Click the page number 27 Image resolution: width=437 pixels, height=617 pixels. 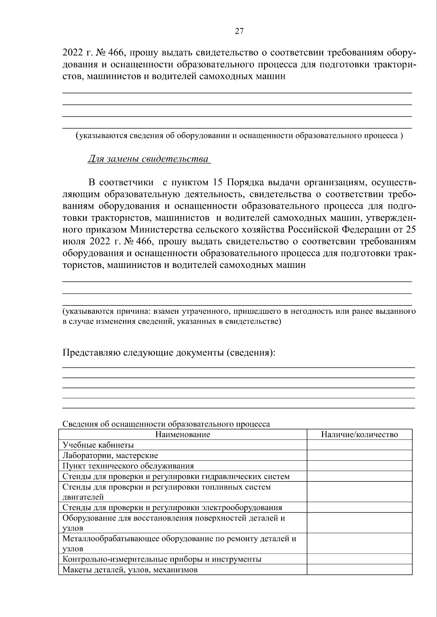[239, 31]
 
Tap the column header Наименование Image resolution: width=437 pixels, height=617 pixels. [182, 434]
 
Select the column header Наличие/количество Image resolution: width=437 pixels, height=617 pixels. [359, 434]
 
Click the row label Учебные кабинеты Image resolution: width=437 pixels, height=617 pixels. [98, 445]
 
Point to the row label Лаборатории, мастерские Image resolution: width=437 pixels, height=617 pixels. [110, 456]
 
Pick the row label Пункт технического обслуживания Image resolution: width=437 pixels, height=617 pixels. [128, 466]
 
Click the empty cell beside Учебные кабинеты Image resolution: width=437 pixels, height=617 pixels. [359, 445]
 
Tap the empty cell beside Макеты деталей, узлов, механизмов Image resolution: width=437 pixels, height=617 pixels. [359, 570]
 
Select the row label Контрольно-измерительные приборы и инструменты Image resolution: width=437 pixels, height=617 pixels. [162, 559]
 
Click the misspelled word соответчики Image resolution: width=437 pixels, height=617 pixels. [126, 182]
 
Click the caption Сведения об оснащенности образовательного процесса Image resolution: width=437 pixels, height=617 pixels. [166, 424]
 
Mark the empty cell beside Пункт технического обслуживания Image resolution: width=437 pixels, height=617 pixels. [359, 466]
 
